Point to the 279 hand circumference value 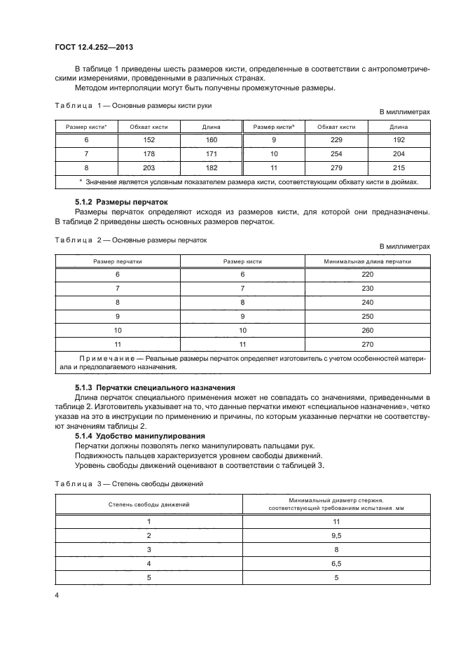coord(336,168)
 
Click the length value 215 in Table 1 coord(399,168)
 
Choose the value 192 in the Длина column coord(399,140)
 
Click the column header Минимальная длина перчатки coord(368,261)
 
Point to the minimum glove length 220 coord(368,275)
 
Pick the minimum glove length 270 coord(368,344)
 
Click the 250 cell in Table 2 coord(368,316)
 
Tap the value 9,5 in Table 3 coord(336,535)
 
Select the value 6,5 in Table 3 coord(336,563)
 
